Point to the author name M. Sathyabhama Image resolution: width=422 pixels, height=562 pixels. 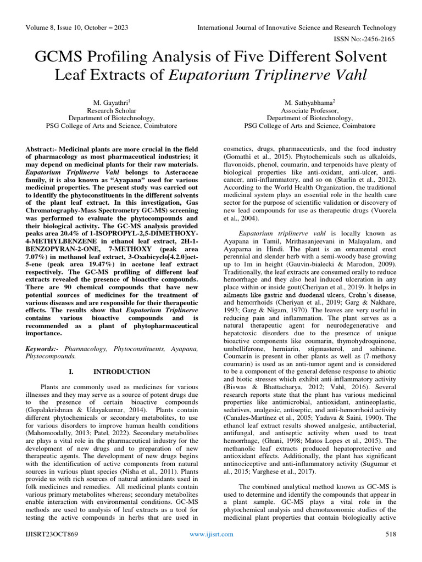point(310,102)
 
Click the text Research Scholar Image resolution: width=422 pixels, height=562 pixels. point(111,110)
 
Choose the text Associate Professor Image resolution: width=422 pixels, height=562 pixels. point(311,110)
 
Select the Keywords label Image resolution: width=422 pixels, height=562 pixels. point(43,349)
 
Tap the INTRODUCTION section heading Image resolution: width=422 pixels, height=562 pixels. point(121,372)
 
